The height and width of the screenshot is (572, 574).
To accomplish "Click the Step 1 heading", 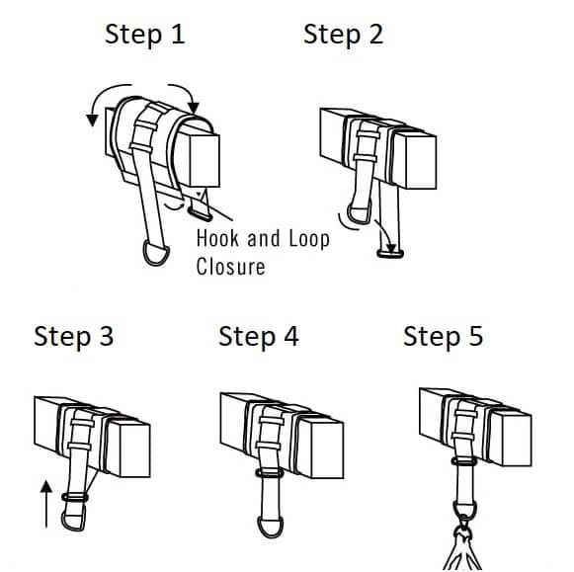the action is coord(144,36).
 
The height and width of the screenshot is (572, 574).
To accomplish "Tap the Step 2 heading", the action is coord(344,36).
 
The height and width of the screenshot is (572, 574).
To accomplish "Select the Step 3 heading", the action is coord(73,337).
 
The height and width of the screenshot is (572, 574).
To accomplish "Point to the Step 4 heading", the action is coord(259,337).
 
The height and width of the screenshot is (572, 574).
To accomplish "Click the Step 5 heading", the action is coord(443,337).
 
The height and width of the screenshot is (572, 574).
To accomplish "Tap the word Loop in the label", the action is coord(309,239).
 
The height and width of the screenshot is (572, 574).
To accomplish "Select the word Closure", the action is coord(230,267).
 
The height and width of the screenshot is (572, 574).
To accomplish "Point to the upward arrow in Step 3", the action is coord(46,505).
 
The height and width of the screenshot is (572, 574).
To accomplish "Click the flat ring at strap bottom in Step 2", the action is coord(390,254).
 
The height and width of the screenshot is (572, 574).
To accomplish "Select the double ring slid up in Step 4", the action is coord(270,473).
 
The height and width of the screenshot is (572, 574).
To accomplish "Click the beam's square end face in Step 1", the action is coord(205,161).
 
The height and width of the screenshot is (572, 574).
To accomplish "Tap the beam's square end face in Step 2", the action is coord(421,162).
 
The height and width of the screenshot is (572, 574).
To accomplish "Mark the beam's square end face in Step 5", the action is coord(517,440).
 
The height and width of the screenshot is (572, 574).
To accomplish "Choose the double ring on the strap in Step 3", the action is coord(75,497).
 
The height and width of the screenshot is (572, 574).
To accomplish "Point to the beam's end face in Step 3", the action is coord(134,450).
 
